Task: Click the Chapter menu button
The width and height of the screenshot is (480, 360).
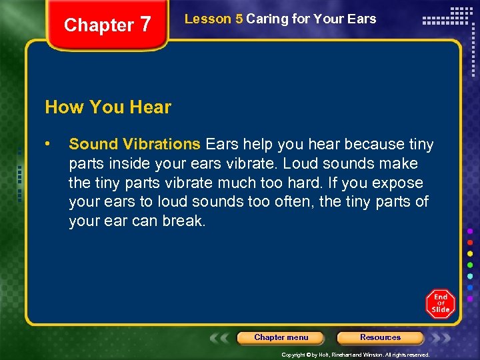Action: point(281,338)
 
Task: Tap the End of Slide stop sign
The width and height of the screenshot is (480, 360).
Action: point(440,303)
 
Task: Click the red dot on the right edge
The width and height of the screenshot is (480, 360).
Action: point(470,242)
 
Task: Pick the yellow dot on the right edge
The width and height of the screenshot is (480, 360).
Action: point(470,253)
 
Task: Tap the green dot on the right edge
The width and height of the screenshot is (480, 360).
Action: point(470,265)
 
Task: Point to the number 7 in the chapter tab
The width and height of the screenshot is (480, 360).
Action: point(145,25)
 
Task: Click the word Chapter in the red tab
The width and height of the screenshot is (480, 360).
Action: point(99,25)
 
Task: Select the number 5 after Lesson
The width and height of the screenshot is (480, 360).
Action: point(239,19)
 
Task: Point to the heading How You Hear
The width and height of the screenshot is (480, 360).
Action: point(108,107)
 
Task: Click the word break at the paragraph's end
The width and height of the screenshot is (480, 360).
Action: point(184,221)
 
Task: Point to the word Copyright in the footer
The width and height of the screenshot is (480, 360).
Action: point(294,355)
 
